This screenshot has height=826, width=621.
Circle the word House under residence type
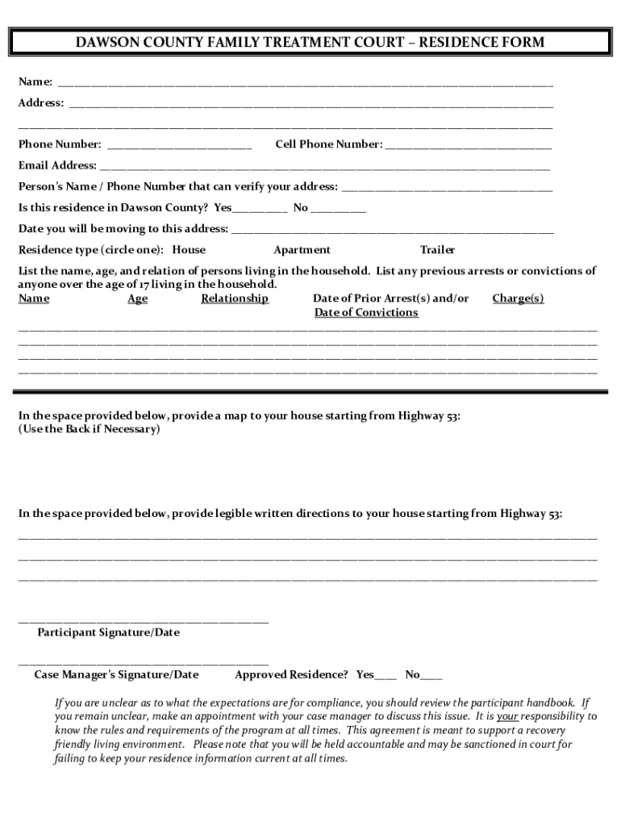tap(190, 250)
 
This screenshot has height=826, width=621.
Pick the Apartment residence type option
tap(302, 250)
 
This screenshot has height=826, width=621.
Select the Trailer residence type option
tap(437, 250)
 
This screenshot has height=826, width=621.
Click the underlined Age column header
tap(138, 298)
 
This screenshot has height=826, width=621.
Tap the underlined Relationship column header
tap(235, 298)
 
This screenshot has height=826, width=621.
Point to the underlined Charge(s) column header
tap(518, 298)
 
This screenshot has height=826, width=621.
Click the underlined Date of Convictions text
tap(366, 313)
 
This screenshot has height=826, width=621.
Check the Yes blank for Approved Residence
tap(386, 676)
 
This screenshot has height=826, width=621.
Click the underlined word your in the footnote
tap(507, 716)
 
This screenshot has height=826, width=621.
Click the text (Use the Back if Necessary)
tap(90, 429)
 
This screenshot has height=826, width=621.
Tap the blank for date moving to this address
tap(392, 230)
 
